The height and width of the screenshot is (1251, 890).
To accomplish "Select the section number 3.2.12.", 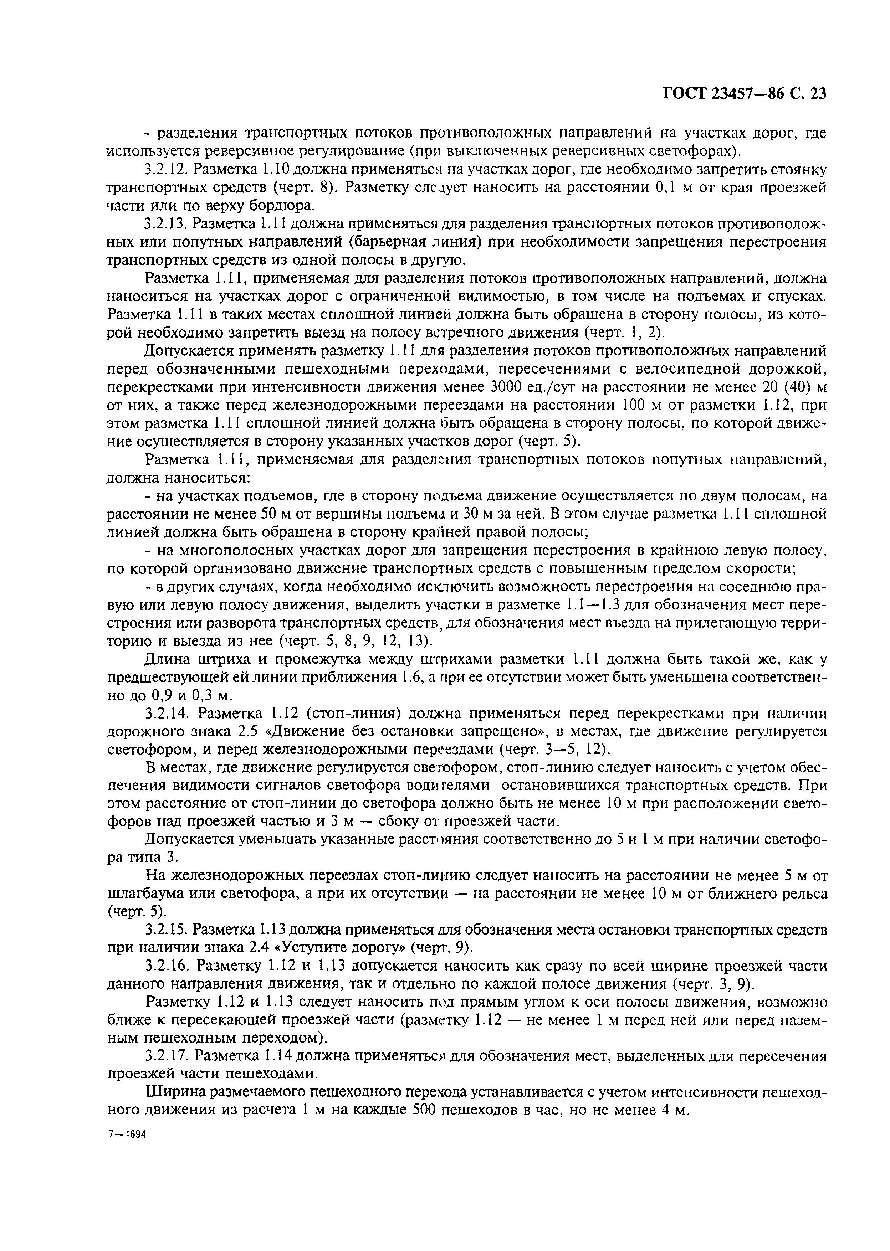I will (165, 170).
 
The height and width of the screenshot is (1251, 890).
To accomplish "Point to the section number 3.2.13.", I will (165, 224).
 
